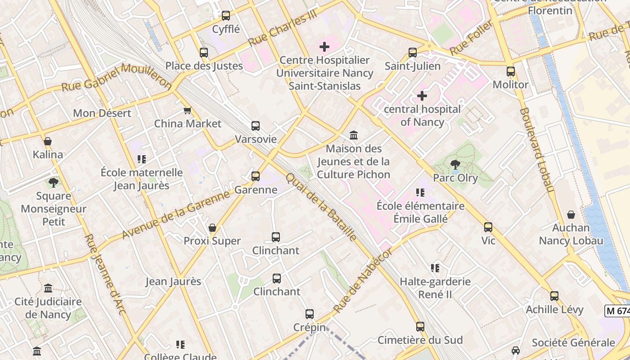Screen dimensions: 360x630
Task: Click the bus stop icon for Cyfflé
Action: (x=226, y=16)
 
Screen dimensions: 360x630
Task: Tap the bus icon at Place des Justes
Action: (x=204, y=53)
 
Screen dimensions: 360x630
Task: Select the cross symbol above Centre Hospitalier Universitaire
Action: (x=324, y=47)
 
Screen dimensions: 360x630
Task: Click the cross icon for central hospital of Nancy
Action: (x=422, y=95)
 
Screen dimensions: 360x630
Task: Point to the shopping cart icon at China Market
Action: (x=188, y=111)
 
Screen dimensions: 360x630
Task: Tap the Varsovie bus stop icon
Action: (x=256, y=126)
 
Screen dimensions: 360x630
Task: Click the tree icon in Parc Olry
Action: (x=455, y=165)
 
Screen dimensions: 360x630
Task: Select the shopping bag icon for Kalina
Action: (x=48, y=141)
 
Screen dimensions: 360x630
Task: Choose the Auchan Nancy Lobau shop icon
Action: (x=571, y=215)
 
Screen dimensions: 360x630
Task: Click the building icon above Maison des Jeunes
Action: (x=354, y=135)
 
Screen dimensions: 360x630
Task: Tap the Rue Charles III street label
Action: (x=283, y=28)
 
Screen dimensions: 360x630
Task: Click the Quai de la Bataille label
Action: (x=321, y=207)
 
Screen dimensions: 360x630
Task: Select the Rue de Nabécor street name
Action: (x=363, y=280)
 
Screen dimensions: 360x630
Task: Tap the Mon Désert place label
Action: (x=102, y=113)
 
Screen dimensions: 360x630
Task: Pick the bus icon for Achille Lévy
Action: (x=554, y=296)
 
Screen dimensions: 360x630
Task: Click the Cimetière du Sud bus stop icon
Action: (x=420, y=327)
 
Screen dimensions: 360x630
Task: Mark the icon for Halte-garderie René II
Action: (x=435, y=268)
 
